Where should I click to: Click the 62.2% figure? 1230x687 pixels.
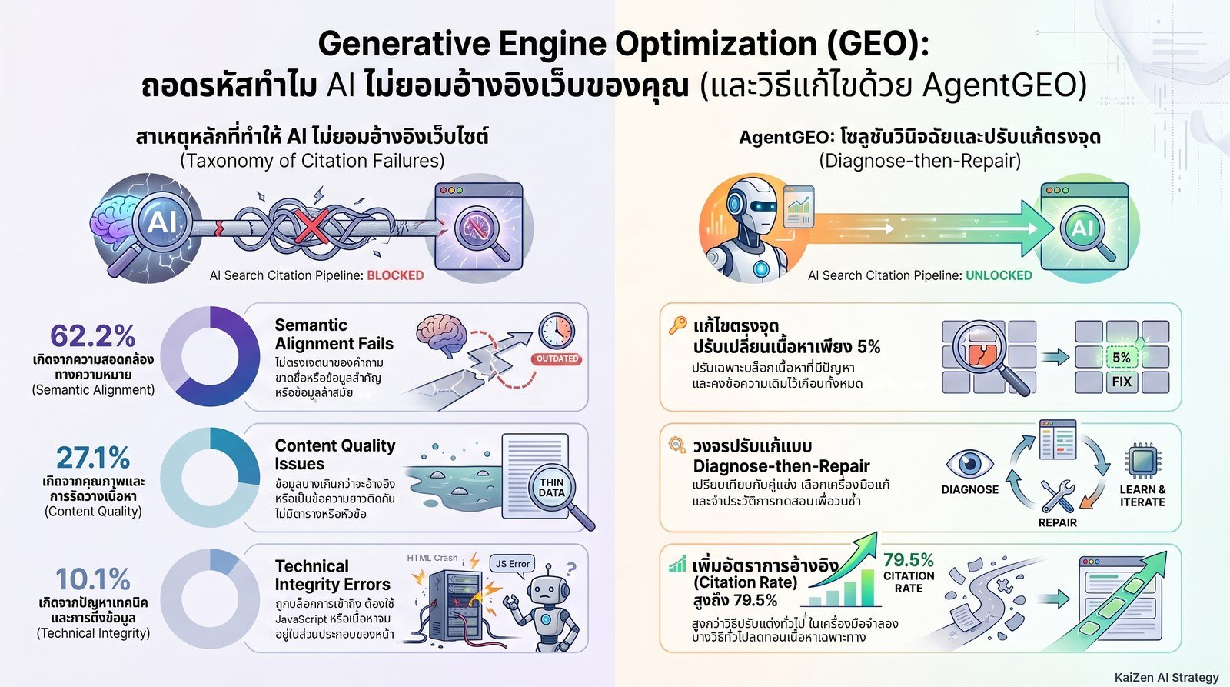93,335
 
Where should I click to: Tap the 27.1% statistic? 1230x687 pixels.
93,457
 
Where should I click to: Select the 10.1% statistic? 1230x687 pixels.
93,579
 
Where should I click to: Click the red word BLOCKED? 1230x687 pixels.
395,275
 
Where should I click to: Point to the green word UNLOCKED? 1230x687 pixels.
999,275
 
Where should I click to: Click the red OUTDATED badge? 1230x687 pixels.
557,359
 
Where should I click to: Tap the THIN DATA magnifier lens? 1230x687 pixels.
551,488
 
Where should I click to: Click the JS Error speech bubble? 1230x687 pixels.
512,564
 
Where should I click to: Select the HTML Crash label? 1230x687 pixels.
432,558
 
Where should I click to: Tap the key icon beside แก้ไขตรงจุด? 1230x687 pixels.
677,325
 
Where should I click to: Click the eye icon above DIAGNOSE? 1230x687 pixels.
969,464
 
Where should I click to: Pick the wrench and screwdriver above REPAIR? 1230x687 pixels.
1058,496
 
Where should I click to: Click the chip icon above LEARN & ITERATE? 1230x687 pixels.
1142,461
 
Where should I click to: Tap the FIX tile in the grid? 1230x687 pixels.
1122,382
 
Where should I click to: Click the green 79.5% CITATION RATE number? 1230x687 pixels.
908,560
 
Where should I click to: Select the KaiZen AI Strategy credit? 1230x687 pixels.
1167,678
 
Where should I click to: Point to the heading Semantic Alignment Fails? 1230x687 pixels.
334,334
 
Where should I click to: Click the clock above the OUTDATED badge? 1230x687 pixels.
557,332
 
